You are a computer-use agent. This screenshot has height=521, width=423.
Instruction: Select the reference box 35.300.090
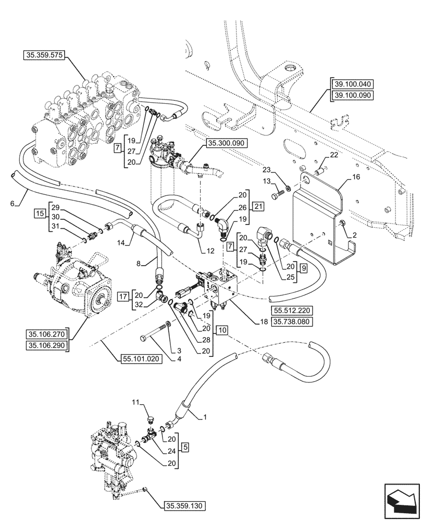pos(227,142)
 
